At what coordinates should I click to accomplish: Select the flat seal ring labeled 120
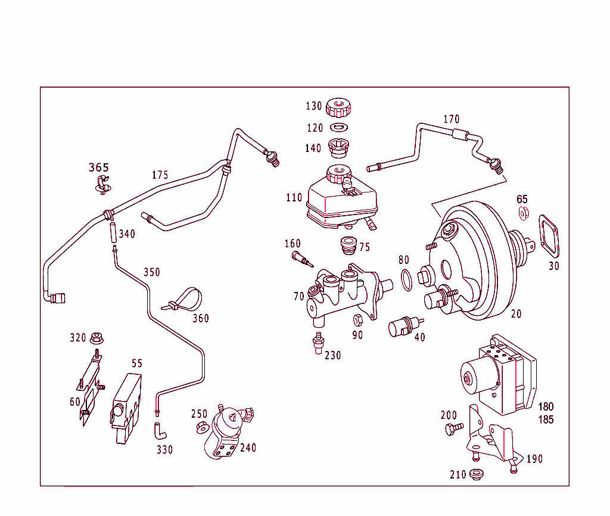click(338, 128)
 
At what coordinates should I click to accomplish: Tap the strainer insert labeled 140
click(338, 147)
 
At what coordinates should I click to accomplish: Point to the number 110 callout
click(294, 197)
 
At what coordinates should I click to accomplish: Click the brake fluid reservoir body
click(342, 201)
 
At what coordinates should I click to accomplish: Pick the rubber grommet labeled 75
click(347, 245)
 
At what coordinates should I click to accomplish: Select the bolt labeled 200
click(453, 428)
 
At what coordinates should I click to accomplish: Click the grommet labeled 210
click(475, 474)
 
